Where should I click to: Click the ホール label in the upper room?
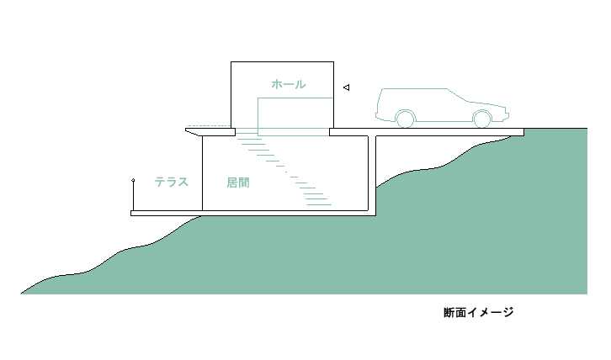point(289,84)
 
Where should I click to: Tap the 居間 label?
point(238,183)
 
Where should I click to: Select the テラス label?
point(172,182)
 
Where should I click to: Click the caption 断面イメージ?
point(479,312)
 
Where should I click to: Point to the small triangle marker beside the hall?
point(346,87)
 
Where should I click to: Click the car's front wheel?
point(481,119)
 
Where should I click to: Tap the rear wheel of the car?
point(406,119)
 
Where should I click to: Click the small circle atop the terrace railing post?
point(133,180)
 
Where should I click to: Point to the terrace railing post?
point(133,197)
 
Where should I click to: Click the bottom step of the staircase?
point(319,204)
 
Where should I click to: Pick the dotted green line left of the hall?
point(208,126)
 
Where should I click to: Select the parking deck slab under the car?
point(427,132)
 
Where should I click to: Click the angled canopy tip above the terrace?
point(186,130)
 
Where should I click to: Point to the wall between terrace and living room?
point(202,173)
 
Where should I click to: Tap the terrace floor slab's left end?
point(131,213)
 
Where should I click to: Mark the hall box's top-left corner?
point(231,62)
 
